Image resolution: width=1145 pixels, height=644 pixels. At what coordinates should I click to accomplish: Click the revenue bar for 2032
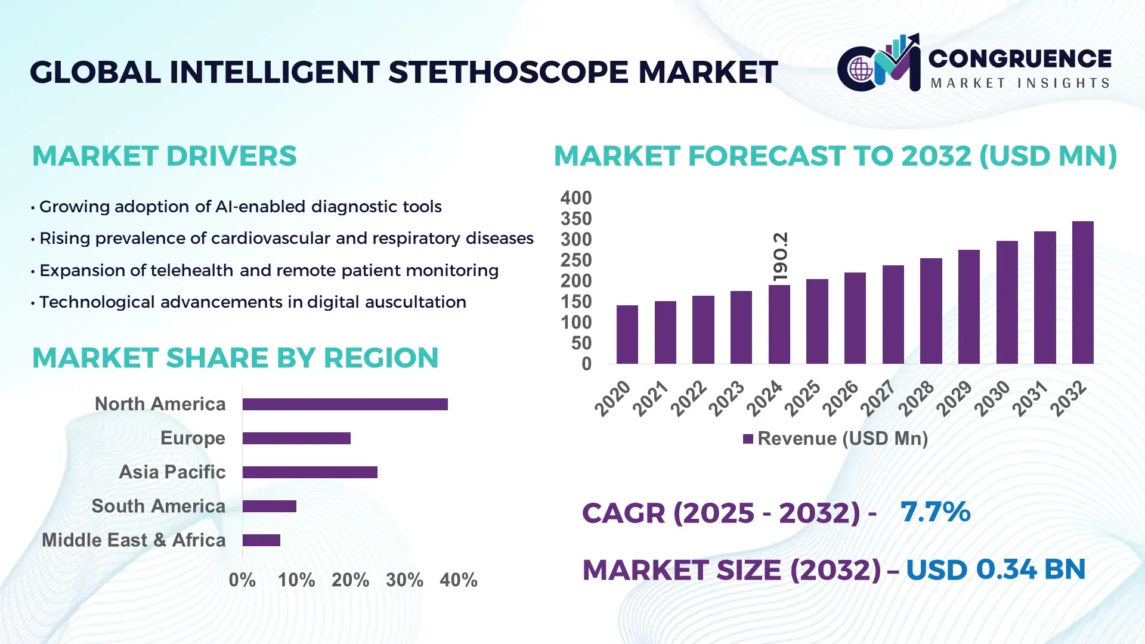[1082, 292]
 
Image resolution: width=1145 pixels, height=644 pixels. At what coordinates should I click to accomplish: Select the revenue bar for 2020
[627, 335]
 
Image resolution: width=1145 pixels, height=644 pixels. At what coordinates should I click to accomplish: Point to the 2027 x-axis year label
[878, 398]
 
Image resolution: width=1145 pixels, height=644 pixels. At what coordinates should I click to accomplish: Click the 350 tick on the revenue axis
[575, 219]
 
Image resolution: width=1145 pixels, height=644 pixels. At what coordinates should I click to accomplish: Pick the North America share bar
[345, 404]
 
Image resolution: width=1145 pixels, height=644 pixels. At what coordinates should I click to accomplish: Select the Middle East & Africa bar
[261, 540]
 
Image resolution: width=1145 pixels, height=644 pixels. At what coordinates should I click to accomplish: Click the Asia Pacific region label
[172, 472]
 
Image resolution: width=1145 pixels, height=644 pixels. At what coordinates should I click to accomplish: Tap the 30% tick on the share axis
[404, 580]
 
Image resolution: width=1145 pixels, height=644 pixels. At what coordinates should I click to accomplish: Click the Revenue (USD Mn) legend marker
[748, 439]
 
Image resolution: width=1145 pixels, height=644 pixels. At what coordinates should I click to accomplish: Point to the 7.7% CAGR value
[935, 512]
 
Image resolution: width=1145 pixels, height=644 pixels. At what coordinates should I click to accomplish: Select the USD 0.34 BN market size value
[995, 569]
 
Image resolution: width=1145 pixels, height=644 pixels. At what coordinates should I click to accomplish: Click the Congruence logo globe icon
[861, 70]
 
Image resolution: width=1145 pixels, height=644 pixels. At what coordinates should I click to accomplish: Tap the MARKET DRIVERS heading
[164, 156]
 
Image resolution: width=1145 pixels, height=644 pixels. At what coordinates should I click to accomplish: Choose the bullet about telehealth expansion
[268, 270]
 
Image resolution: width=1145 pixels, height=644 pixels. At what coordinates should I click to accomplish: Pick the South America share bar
[269, 506]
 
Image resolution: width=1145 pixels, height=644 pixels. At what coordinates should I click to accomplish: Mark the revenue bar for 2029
[968, 306]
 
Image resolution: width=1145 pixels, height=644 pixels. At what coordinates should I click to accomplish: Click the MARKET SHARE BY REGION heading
[235, 358]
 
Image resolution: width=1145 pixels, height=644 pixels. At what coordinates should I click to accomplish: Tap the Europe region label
[193, 438]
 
